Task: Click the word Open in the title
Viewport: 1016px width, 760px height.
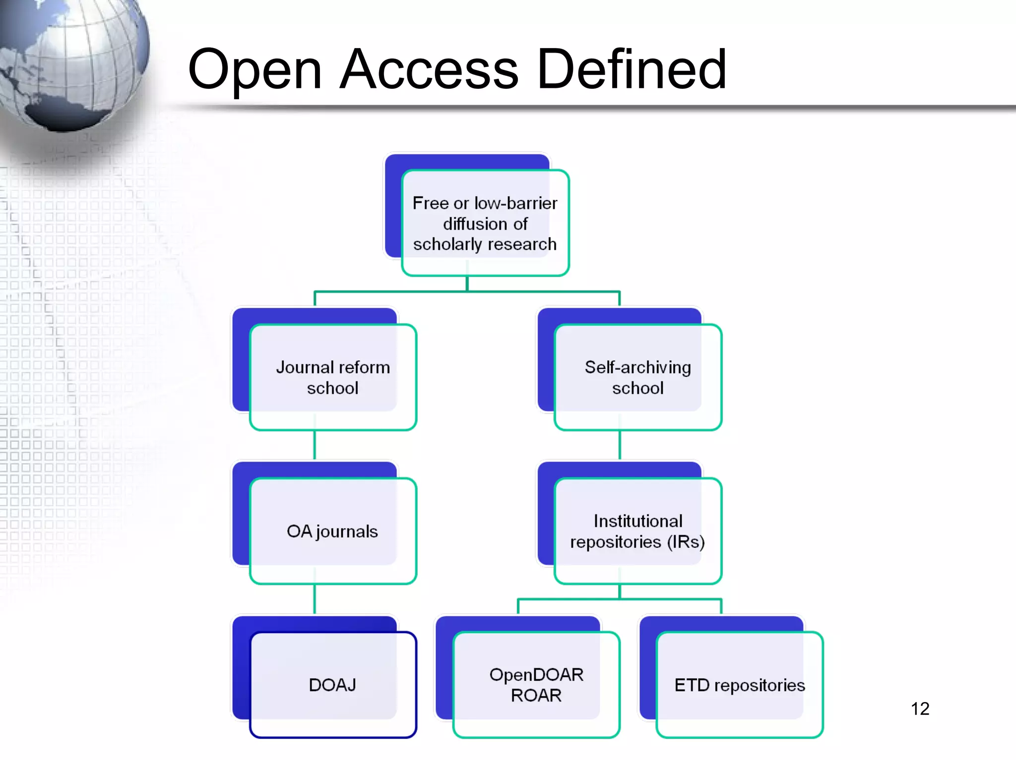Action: click(x=254, y=70)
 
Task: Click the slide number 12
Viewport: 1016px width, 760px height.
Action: click(x=920, y=708)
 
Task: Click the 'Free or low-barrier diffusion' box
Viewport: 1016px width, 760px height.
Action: click(x=485, y=223)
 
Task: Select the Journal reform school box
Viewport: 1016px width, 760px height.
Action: click(x=333, y=377)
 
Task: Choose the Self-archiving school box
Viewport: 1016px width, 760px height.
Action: click(x=637, y=377)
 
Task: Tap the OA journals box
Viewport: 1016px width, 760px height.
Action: click(x=333, y=531)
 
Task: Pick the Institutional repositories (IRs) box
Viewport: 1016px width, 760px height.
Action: click(x=637, y=531)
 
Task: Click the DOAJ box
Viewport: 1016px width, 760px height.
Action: click(x=333, y=685)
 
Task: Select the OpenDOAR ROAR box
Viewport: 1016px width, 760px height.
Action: click(x=536, y=685)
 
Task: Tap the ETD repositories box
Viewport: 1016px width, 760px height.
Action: click(x=739, y=685)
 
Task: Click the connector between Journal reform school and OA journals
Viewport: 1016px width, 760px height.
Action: click(x=315, y=445)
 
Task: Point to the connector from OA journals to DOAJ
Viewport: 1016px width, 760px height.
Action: click(x=315, y=599)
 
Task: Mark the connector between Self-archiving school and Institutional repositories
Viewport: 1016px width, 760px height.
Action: click(x=620, y=445)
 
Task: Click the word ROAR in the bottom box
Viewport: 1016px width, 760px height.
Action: click(x=536, y=696)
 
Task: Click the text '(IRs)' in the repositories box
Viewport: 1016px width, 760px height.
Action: click(x=686, y=542)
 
